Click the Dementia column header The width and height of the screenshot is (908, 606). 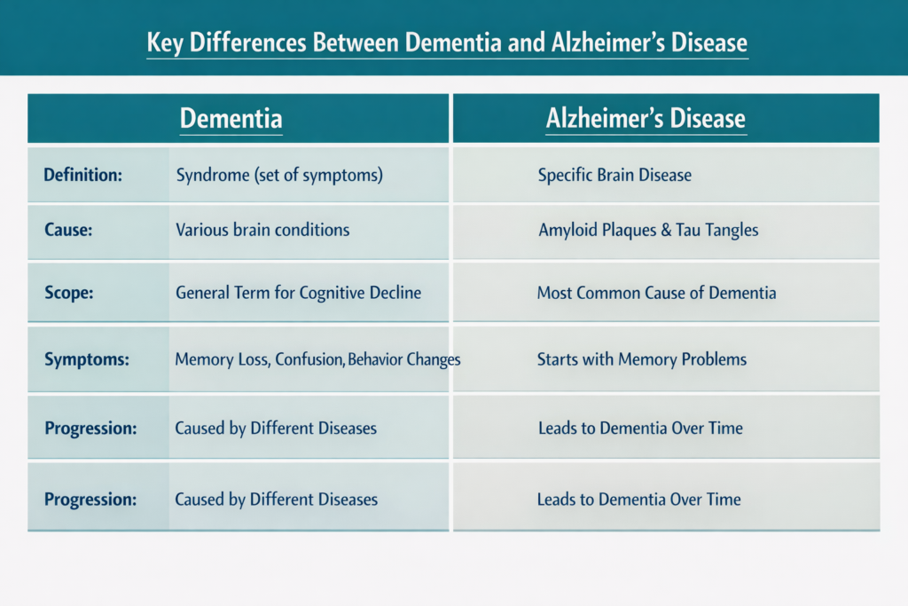(231, 119)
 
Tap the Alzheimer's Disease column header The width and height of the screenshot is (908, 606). (645, 119)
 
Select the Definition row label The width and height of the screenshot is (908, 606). (82, 175)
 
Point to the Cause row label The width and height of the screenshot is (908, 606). (68, 230)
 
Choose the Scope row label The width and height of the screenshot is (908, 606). (68, 293)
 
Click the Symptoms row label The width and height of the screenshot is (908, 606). (87, 359)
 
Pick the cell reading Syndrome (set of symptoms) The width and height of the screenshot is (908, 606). (279, 175)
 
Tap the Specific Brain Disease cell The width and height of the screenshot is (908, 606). (614, 175)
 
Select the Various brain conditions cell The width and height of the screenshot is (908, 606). (262, 230)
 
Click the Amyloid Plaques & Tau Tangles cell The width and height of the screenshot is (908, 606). (648, 230)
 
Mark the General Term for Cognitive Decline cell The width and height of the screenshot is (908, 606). (298, 293)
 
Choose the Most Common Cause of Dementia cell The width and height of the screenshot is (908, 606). (656, 293)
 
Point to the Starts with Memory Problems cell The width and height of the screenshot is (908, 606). (642, 359)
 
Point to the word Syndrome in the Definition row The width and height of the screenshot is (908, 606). (212, 175)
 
